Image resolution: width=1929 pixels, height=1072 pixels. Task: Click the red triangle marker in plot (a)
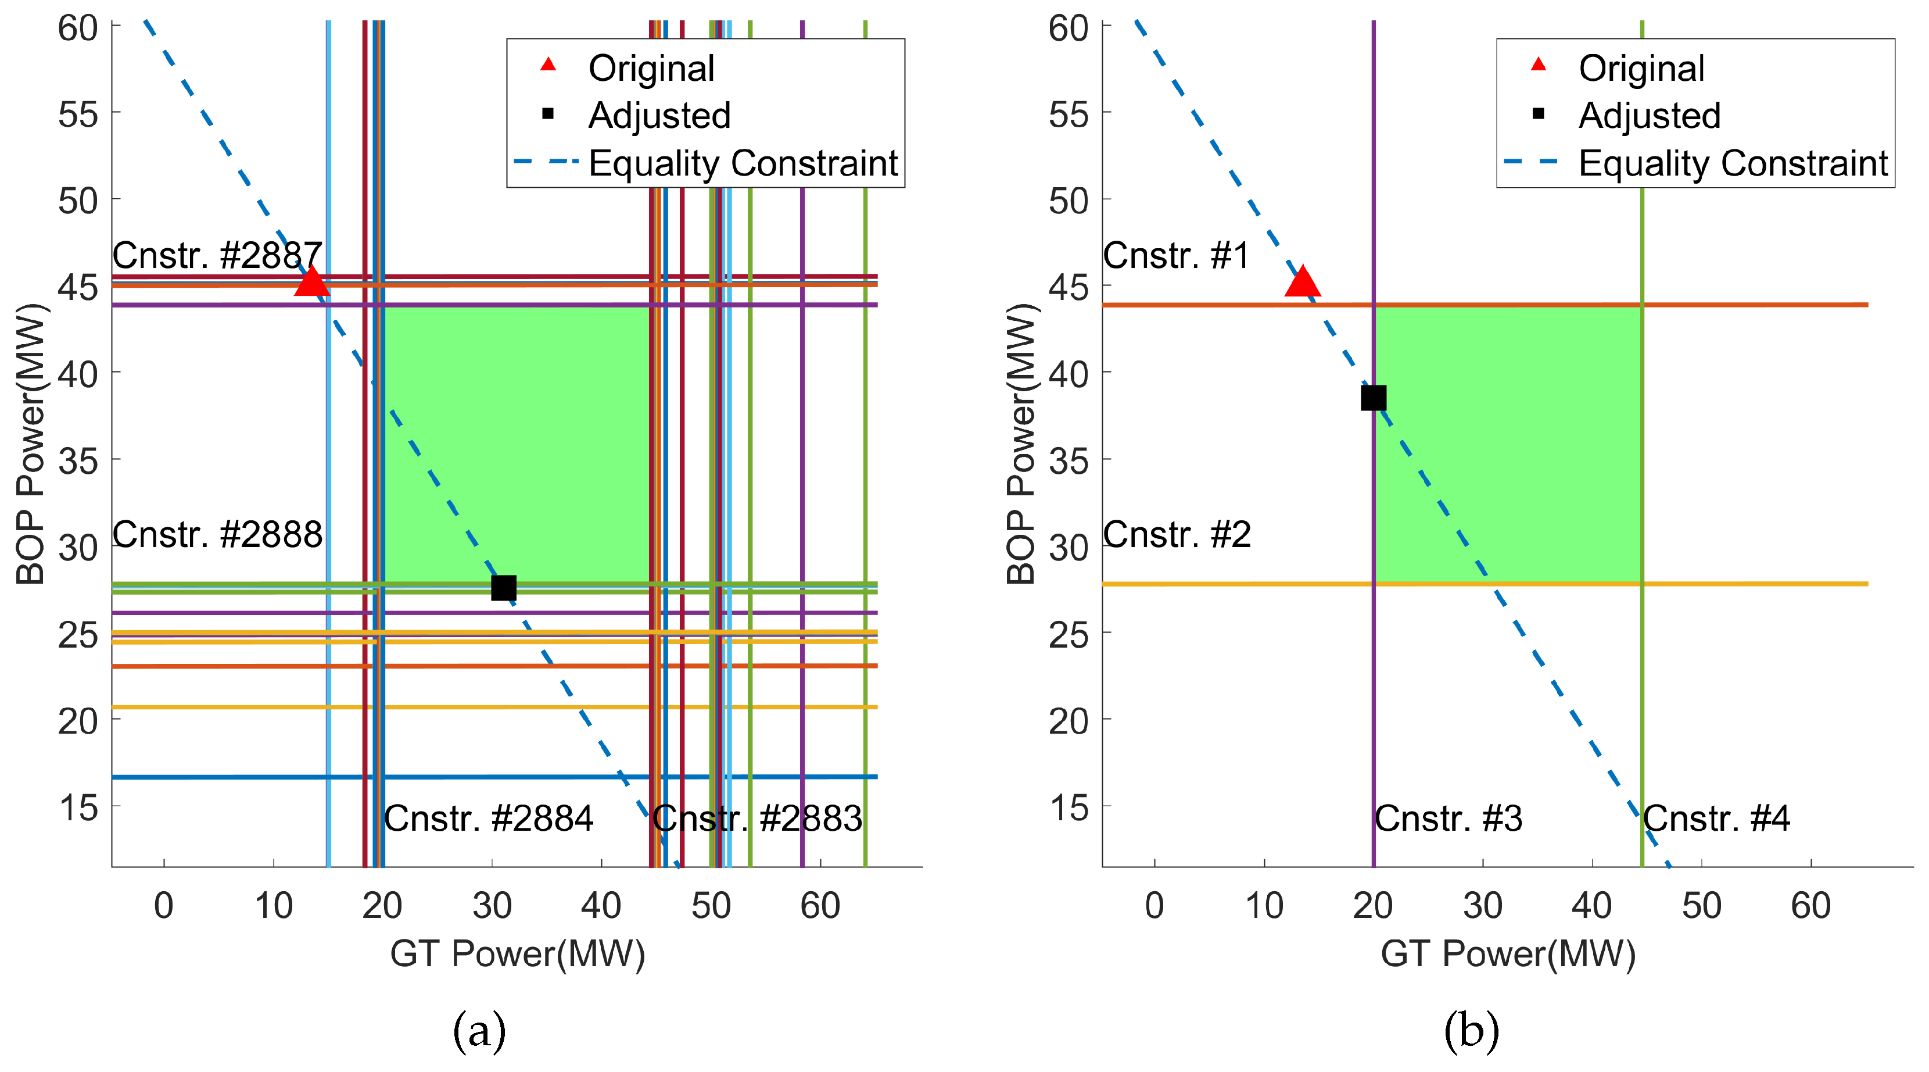click(311, 283)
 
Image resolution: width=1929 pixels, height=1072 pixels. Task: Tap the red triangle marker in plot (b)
click(1302, 283)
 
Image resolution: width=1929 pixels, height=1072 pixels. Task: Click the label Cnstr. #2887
click(217, 255)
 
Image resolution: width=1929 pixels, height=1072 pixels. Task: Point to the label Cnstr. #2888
click(217, 534)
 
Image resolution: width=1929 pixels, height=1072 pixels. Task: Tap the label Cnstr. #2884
click(488, 818)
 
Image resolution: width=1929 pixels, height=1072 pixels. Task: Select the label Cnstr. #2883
click(757, 818)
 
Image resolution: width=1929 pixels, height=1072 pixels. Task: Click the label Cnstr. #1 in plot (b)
click(1175, 255)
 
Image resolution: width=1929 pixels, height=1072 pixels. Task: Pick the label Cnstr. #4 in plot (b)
click(1716, 818)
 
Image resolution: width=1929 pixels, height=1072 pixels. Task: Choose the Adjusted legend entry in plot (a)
click(659, 115)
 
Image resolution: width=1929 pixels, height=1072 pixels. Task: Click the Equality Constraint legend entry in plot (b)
click(1733, 163)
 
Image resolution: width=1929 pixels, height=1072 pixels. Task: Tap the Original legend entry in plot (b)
click(1641, 68)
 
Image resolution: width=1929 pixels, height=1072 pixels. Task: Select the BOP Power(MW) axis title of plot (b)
click(1021, 444)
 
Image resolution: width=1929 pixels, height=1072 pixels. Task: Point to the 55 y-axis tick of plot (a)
click(78, 115)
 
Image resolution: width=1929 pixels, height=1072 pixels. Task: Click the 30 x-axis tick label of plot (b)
click(1483, 906)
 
